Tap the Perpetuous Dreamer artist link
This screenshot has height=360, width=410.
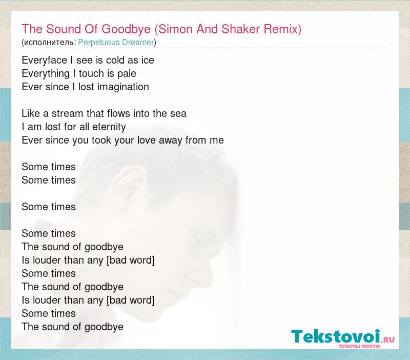click(116, 42)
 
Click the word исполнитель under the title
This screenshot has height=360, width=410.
click(49, 43)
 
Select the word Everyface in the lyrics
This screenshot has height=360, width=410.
click(45, 61)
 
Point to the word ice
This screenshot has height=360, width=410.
click(148, 60)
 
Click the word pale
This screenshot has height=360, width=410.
click(127, 74)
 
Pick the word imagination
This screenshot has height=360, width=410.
click(123, 87)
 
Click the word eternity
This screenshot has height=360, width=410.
click(109, 127)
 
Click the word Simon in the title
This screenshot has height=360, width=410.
click(176, 29)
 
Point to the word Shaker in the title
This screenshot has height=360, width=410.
click(240, 29)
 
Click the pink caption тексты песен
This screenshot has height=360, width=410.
click(359, 346)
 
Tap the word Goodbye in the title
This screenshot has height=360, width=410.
click(126, 29)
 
